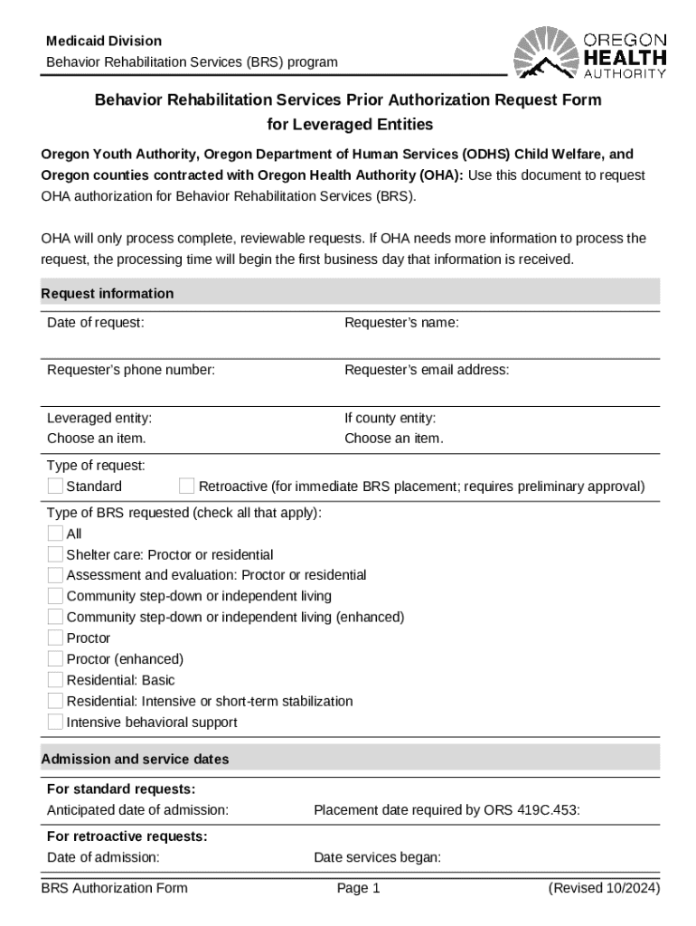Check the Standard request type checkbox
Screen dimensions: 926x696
tap(55, 487)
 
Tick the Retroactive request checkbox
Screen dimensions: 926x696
tap(187, 487)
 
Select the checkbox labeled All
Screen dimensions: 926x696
tap(55, 534)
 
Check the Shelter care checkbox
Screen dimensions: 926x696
tap(55, 554)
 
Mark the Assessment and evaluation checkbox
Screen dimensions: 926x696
tap(55, 575)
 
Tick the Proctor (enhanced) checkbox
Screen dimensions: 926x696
tap(55, 659)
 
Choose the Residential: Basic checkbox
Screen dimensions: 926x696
tap(55, 680)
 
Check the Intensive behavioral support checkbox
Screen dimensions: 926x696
tap(55, 723)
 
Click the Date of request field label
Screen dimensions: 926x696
tap(95, 323)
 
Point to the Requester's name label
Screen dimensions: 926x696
tap(401, 323)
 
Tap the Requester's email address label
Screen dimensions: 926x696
tap(427, 370)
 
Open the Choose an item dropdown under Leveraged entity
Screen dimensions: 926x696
tap(96, 439)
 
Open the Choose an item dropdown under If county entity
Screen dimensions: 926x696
tap(393, 439)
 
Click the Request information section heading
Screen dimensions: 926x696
tap(108, 294)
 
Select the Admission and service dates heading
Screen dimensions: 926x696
tap(135, 760)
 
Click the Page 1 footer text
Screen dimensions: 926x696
tap(358, 888)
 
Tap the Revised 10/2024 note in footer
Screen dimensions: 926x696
tap(604, 888)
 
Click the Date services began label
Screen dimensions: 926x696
tap(377, 857)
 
